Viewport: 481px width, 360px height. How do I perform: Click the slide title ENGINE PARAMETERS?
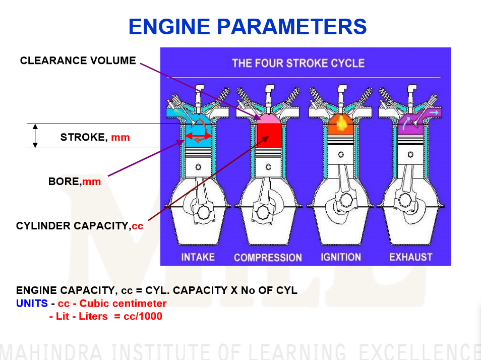[247, 26]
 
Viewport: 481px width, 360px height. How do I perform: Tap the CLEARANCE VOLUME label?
[78, 61]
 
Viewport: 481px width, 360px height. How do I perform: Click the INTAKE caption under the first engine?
[198, 257]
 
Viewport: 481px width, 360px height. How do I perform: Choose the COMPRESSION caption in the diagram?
[268, 258]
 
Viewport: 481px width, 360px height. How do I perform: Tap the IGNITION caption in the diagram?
[341, 257]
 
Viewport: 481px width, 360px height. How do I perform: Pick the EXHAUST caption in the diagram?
[411, 257]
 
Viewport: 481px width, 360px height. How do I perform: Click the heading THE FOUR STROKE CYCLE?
[298, 64]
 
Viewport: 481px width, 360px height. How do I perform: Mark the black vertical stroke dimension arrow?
[35, 136]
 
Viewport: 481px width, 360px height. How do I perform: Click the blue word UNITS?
[32, 304]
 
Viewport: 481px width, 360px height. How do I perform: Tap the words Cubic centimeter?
[123, 304]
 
